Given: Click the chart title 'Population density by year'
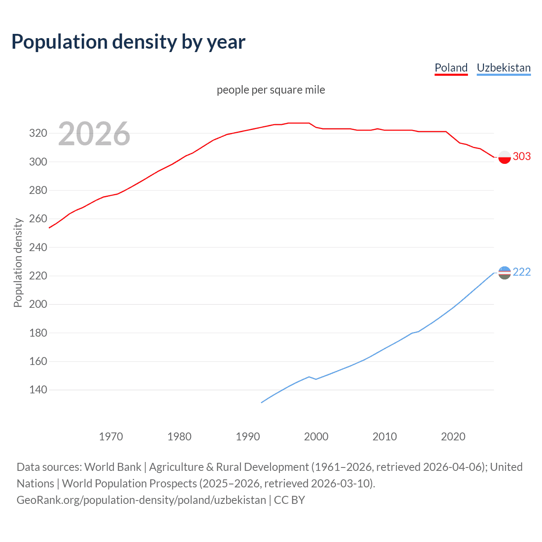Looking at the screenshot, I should (x=128, y=42).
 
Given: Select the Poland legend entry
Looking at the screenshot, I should (x=451, y=68).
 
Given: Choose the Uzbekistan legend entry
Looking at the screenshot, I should (x=503, y=68).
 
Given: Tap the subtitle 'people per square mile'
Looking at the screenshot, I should (x=271, y=90).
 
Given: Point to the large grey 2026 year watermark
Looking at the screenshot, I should (x=94, y=134).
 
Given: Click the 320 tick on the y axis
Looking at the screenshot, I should (x=38, y=133).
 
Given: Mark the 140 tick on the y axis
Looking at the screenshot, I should (x=38, y=390).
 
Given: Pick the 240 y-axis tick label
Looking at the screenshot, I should (x=38, y=247).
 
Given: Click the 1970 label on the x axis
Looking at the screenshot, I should (x=111, y=437).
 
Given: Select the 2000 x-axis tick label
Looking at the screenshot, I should (x=316, y=437).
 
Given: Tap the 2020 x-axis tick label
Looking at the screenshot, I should (x=453, y=437).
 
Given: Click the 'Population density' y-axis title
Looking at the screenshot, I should (x=18, y=263).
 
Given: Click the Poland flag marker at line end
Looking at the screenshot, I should (x=504, y=158).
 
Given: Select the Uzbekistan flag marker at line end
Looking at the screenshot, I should (x=504, y=273).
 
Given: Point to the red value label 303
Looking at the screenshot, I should (x=522, y=157).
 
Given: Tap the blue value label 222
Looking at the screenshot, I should (x=522, y=272).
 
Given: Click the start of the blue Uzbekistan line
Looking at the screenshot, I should (x=262, y=402).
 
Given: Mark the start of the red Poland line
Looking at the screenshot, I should (x=50, y=228).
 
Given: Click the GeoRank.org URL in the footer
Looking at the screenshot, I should (x=141, y=500).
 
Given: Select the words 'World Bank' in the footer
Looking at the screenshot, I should (x=113, y=467).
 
